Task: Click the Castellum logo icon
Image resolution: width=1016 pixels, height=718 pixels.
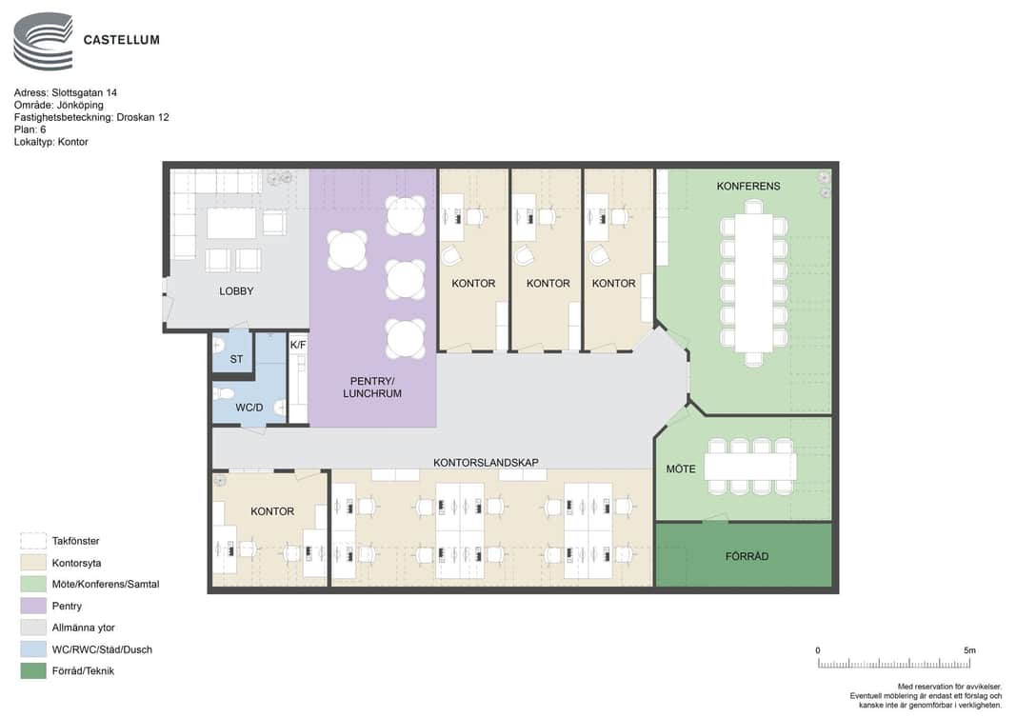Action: click(x=43, y=41)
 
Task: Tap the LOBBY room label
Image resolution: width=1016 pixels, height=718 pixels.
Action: click(x=236, y=291)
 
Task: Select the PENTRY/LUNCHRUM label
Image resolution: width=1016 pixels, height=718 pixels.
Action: click(x=372, y=387)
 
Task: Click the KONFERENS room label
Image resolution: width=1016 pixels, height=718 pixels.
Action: click(x=747, y=186)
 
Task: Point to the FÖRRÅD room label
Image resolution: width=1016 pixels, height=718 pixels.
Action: click(x=747, y=556)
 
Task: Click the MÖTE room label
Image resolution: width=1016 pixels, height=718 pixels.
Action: click(x=681, y=469)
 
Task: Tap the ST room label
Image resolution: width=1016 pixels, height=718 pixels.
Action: click(x=236, y=359)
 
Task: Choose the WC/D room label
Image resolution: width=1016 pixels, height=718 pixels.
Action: click(x=249, y=408)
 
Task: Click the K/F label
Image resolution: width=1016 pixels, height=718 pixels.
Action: click(x=298, y=345)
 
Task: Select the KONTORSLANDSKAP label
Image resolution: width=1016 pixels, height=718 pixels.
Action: click(x=486, y=462)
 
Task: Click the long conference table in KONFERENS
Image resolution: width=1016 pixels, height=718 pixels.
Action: click(x=753, y=283)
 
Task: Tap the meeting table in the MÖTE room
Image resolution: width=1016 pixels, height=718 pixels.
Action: click(x=749, y=466)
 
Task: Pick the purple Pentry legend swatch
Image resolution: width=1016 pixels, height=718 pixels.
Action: click(x=33, y=606)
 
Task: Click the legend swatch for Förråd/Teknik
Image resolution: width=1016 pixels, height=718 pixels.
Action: click(x=33, y=670)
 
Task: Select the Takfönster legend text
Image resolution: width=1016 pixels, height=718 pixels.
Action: click(x=76, y=541)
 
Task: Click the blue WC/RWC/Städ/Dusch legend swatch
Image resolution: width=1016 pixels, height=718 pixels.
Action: click(x=33, y=649)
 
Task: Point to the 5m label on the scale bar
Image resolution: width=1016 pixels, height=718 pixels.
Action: click(x=969, y=650)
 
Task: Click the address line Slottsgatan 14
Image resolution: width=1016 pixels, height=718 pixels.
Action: click(x=66, y=92)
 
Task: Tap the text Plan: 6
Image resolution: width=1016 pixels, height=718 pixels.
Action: click(x=30, y=130)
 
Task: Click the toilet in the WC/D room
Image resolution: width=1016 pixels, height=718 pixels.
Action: click(x=224, y=393)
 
